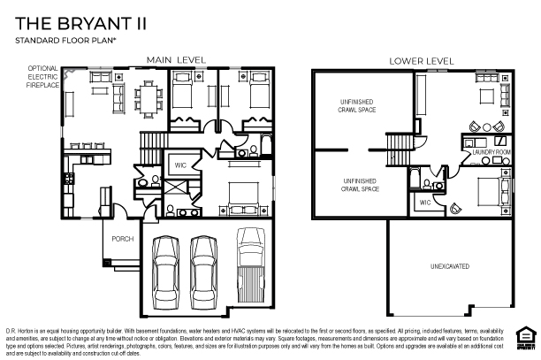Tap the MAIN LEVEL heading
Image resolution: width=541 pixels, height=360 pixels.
[176, 60]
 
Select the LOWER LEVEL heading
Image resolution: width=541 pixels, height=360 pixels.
[422, 61]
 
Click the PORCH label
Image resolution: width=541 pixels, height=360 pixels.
[121, 239]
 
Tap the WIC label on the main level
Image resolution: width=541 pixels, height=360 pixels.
[179, 165]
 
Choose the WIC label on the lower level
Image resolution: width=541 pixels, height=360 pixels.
[425, 203]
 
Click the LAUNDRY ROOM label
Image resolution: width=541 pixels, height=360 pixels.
[492, 153]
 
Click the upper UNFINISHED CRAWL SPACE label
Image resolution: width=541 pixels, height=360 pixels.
[356, 107]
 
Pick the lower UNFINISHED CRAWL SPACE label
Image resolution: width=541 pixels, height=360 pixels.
[361, 185]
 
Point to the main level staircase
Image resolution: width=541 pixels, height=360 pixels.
[154, 142]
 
